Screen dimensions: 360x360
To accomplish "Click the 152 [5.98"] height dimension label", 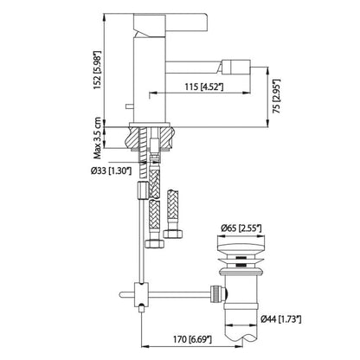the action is pos(98,70).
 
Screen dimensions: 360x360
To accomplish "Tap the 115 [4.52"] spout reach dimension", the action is pos(204,87).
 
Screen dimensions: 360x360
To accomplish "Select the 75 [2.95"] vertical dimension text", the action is pos(276,95).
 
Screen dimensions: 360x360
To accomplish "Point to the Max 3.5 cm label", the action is pos(98,138).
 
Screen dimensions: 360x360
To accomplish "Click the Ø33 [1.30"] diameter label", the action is pos(111,171).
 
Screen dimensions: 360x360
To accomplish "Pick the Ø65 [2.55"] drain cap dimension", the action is pos(241,228).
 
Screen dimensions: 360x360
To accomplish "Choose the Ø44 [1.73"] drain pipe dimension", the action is pos(280,319).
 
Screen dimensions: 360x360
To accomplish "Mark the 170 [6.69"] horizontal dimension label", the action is pos(192,339).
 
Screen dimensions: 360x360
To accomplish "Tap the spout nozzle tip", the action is pos(240,67).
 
